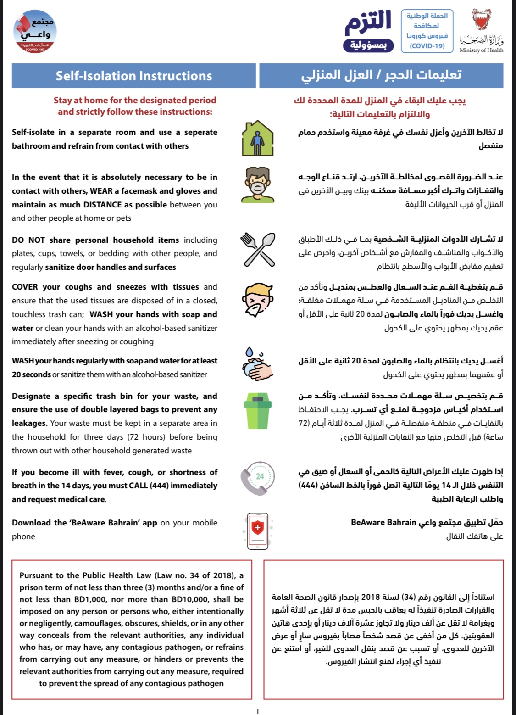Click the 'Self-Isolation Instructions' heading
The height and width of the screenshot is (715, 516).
coord(134,76)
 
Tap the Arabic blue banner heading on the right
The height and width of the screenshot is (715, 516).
coord(381,75)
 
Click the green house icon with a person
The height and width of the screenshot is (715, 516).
coord(257,139)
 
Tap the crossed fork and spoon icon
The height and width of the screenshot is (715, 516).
coord(258,249)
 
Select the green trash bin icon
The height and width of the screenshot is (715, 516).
coord(257,412)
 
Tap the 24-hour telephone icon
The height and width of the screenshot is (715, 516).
coord(258,478)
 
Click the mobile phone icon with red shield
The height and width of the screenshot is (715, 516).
coord(258,531)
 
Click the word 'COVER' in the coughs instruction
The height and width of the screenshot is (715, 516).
coord(25,287)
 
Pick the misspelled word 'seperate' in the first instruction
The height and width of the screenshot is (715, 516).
coord(200,132)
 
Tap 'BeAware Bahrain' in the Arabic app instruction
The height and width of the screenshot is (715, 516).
coord(383,522)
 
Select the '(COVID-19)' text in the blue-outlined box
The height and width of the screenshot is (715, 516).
coord(427,46)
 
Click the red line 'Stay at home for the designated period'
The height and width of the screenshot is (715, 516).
coord(135,100)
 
